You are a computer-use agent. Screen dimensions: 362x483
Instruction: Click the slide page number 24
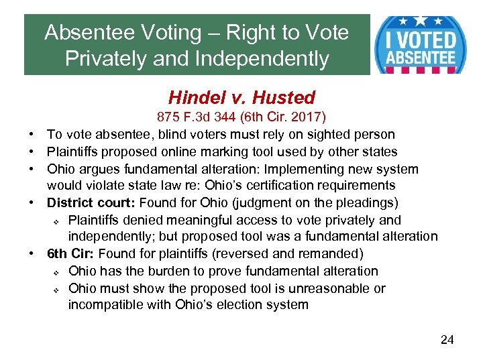click(447, 340)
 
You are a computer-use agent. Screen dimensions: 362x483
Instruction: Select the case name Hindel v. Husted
click(241, 98)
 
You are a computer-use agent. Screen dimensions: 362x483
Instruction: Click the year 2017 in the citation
click(308, 117)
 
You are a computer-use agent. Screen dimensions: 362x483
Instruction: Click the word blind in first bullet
click(168, 135)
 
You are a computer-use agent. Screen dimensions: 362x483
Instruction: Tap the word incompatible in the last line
click(102, 306)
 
